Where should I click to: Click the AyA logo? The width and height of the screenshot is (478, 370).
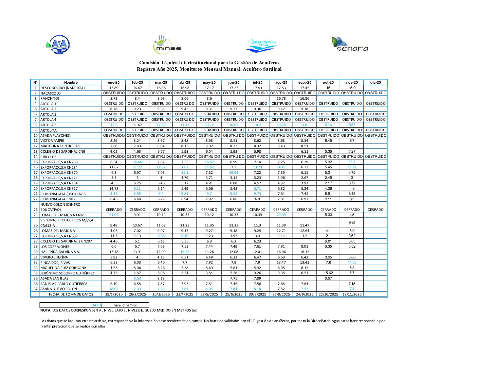point(58,45)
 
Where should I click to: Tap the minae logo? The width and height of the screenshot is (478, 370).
point(167,45)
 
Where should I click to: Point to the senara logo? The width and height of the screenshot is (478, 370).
point(350,45)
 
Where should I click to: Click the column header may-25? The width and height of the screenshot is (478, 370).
point(209,82)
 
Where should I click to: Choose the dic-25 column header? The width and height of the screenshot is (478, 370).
point(375,82)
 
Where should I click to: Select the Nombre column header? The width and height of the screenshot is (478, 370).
point(71,82)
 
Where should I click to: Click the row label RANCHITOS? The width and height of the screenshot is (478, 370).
point(50,99)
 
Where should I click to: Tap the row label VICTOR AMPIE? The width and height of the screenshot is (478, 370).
point(52,141)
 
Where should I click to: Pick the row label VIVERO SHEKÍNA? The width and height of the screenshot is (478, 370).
point(54,257)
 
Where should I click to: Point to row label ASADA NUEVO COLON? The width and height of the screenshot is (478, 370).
point(58,289)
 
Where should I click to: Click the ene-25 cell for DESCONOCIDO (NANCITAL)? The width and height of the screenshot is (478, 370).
point(114,88)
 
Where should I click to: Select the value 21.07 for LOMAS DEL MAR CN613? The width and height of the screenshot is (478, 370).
point(114,215)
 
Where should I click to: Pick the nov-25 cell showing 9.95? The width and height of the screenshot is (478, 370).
point(352,222)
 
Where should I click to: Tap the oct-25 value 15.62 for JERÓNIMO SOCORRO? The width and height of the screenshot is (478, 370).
point(328,273)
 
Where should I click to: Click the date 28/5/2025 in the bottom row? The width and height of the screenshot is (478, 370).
point(209,295)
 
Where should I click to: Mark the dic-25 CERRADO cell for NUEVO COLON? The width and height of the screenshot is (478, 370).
point(375,210)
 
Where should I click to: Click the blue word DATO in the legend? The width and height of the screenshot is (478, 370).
point(96,305)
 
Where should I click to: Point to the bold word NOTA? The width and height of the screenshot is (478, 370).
point(46,310)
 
